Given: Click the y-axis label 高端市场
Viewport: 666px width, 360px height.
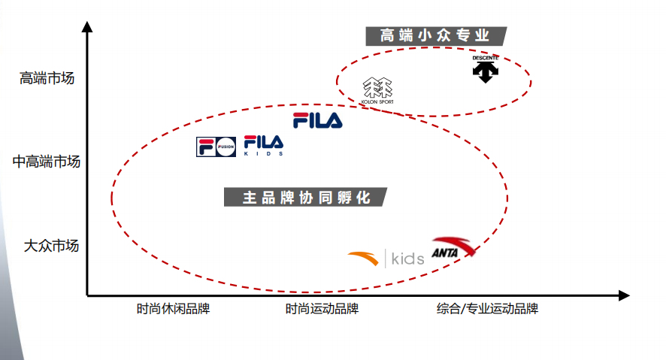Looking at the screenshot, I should (47, 78).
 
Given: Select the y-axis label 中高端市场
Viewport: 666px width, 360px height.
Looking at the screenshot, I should (46, 161).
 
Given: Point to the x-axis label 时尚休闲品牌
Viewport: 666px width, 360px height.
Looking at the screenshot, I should (173, 309).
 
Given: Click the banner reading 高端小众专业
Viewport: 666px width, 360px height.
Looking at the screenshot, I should (435, 35).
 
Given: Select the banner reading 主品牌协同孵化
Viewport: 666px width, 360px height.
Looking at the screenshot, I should (307, 198).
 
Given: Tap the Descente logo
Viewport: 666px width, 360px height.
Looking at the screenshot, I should (485, 68).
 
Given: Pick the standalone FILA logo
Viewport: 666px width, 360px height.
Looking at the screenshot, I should (317, 120).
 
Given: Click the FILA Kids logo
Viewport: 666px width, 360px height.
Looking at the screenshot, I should (263, 145).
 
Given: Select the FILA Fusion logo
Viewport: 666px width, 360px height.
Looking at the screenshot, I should (216, 147).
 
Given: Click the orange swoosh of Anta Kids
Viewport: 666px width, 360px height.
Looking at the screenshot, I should (364, 259).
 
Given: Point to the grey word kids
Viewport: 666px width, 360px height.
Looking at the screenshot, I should (408, 259).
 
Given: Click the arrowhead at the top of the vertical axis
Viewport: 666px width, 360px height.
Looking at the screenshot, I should (87, 28).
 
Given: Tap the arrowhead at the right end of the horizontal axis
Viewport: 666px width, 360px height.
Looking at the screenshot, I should (623, 296).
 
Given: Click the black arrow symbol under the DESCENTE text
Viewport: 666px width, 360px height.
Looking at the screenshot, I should (485, 72).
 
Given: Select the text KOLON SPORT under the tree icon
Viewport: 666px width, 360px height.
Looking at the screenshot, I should (377, 101).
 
